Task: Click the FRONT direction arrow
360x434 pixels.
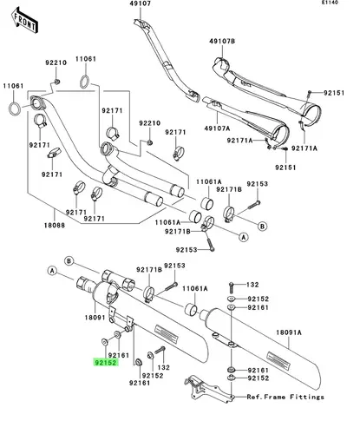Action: [x=25, y=21]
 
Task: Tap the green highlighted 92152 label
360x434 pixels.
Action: [x=106, y=362]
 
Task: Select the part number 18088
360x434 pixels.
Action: [x=55, y=225]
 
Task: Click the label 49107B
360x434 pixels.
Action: [x=222, y=41]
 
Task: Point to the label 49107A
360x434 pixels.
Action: [x=217, y=128]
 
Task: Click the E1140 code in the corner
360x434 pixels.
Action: [x=330, y=3]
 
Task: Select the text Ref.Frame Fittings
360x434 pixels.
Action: [x=285, y=397]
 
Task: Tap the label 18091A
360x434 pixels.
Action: [x=289, y=332]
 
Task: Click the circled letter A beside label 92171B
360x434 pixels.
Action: [x=244, y=237]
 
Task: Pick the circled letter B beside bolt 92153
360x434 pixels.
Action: [x=262, y=226]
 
